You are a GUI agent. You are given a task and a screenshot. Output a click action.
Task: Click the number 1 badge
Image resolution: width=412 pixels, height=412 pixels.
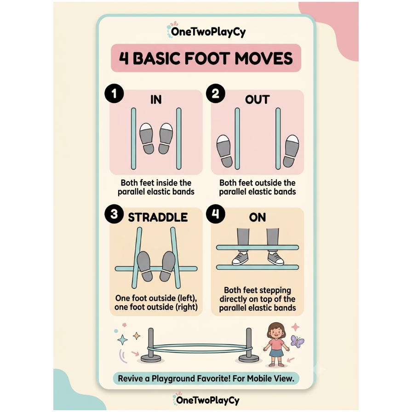(x=114, y=93)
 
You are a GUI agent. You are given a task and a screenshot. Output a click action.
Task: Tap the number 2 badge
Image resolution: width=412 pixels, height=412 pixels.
(x=216, y=93)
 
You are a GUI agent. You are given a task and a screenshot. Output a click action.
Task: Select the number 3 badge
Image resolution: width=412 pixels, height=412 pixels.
(x=114, y=214)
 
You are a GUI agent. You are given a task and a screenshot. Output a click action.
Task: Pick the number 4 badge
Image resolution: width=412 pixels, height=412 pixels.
(x=216, y=214)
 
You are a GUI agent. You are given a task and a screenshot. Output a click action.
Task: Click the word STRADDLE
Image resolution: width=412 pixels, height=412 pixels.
(x=158, y=217)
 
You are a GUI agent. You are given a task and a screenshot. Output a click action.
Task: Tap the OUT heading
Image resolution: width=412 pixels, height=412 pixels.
(x=257, y=100)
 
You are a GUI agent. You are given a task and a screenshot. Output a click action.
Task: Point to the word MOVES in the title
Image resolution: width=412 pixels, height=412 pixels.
(x=263, y=58)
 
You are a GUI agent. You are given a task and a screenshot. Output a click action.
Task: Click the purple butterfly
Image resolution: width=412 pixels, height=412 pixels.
(x=297, y=341)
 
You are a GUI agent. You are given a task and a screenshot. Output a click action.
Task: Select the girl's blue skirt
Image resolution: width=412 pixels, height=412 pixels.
(x=276, y=353)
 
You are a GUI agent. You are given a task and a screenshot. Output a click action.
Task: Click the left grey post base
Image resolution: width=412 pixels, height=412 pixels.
(x=151, y=358)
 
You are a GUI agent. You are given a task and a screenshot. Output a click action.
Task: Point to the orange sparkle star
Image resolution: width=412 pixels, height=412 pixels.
(x=137, y=336)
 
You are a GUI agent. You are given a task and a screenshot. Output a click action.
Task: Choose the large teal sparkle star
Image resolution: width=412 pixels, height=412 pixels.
(x=122, y=340)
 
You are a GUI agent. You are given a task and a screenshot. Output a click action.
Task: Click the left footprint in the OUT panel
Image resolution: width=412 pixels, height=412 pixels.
(x=224, y=151)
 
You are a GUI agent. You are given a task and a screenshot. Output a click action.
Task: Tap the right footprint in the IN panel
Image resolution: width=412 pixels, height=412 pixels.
(x=166, y=138)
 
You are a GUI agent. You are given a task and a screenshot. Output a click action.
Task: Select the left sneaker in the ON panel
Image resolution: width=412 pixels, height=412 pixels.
(x=240, y=258)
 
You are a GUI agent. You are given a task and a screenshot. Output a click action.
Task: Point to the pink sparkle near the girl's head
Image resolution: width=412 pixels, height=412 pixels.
(x=295, y=327)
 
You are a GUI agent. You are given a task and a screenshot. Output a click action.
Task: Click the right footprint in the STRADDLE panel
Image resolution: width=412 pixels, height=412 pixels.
(x=167, y=266)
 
